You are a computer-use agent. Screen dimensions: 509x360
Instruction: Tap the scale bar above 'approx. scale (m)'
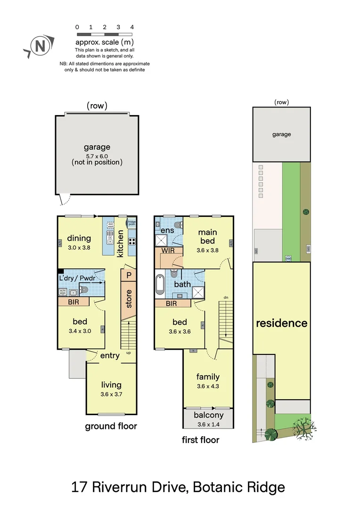105,34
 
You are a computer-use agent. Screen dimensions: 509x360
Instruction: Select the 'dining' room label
79,238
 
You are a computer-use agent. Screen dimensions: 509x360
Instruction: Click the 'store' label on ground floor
129,299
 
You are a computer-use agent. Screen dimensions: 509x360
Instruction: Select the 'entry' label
110,355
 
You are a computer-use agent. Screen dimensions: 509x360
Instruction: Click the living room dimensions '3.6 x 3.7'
111,394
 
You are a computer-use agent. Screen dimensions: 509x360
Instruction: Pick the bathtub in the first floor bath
160,285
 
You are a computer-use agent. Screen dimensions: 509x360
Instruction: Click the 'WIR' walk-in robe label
168,250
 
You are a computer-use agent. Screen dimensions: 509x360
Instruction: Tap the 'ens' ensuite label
167,230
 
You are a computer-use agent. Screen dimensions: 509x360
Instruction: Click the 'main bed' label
207,237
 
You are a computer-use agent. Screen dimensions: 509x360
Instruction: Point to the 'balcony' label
208,415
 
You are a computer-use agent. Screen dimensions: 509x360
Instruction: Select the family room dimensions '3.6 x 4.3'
208,386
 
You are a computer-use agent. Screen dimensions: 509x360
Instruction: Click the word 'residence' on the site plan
281,323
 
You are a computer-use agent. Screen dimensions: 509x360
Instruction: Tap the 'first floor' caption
201,440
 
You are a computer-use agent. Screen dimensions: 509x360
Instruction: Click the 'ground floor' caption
111,426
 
